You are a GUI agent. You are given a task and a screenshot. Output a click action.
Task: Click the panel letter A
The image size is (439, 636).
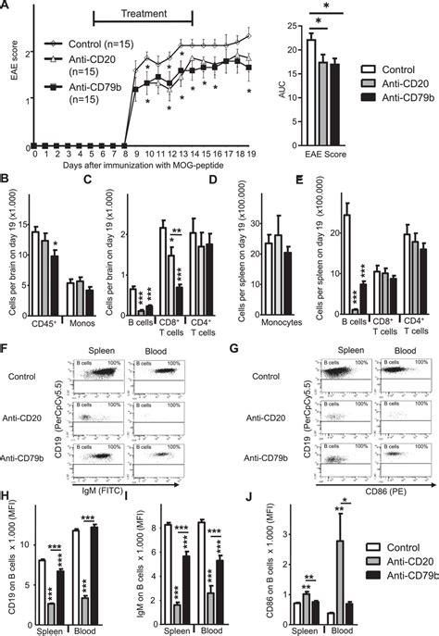tap(6, 6)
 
